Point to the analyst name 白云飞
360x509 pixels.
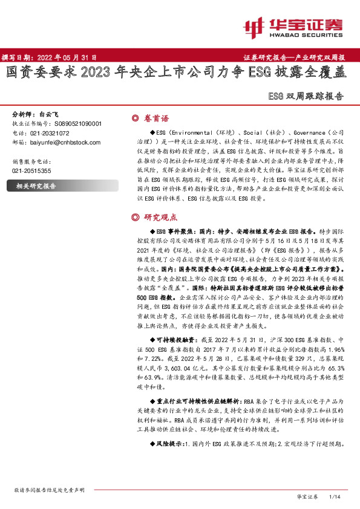pos(50,114)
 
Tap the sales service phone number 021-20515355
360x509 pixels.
pos(31,171)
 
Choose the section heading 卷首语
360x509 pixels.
pos(156,118)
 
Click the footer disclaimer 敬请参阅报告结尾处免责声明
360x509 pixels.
pos(49,489)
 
